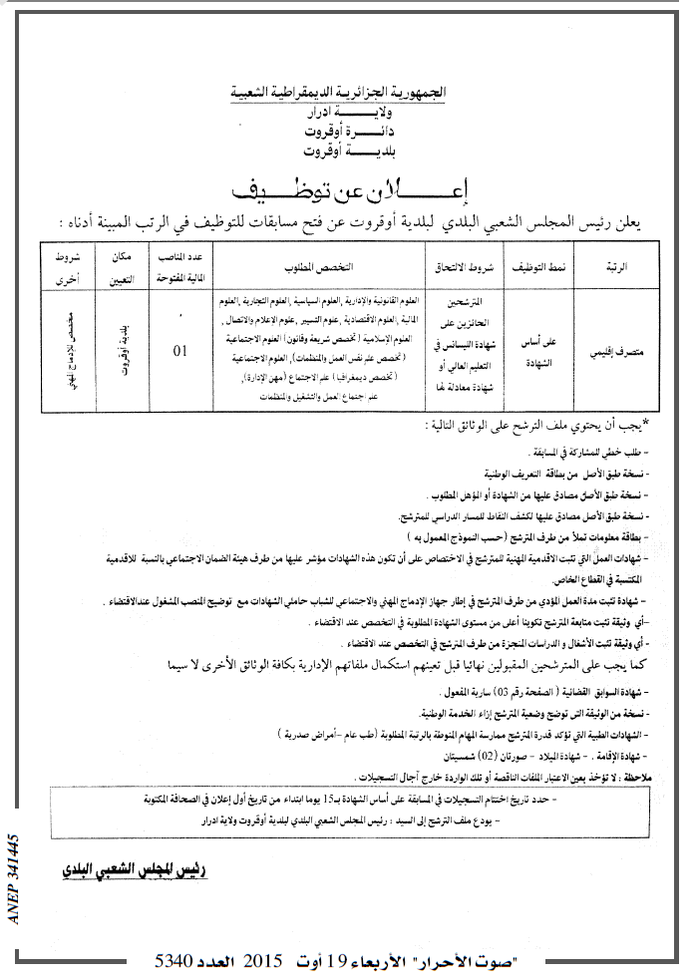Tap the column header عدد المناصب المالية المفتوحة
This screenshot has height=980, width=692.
point(179,266)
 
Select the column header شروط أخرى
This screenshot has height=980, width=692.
point(61,266)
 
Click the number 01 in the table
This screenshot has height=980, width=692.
point(180,351)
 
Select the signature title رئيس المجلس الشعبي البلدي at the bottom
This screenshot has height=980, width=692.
point(147,870)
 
